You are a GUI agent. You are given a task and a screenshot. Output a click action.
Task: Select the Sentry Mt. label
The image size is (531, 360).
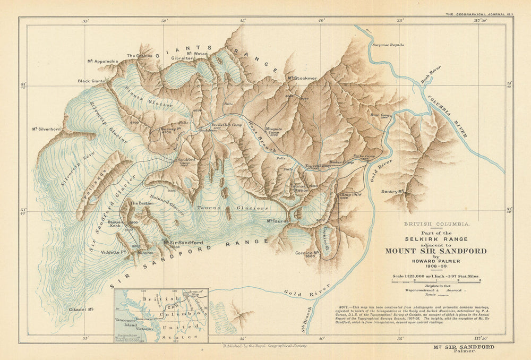coord(393,191)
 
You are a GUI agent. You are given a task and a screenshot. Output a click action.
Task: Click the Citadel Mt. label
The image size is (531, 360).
coord(81,309)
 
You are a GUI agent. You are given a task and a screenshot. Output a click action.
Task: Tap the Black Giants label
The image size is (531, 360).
coord(91,81)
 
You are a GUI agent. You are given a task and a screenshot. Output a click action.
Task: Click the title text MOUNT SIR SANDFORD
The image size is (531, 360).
coord(435,251)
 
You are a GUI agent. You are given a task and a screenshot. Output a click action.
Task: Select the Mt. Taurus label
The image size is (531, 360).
coord(277,220)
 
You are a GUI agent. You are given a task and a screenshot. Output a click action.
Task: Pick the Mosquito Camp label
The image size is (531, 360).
coord(273,131)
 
